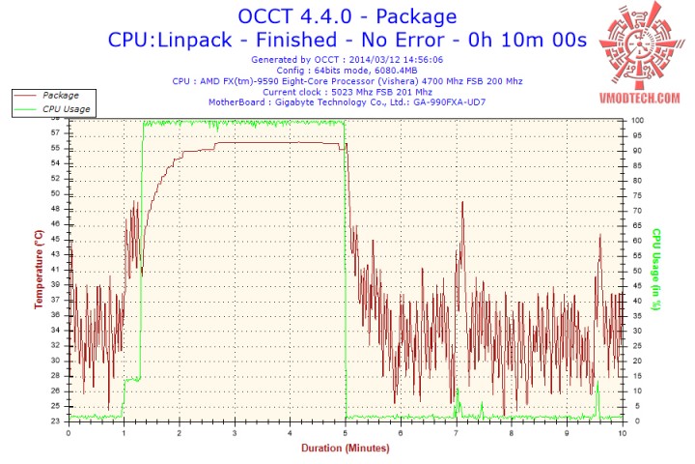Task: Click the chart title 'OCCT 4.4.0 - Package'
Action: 347,16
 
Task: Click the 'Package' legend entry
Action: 60,96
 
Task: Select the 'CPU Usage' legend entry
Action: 66,109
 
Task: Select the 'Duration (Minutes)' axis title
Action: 345,449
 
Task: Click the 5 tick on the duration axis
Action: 346,432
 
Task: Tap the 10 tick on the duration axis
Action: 622,432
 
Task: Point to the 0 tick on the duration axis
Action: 69,432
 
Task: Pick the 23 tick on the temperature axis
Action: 54,420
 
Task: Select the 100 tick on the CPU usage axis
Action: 638,120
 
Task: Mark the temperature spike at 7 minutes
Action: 462,204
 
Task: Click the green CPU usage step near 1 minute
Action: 131,379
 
